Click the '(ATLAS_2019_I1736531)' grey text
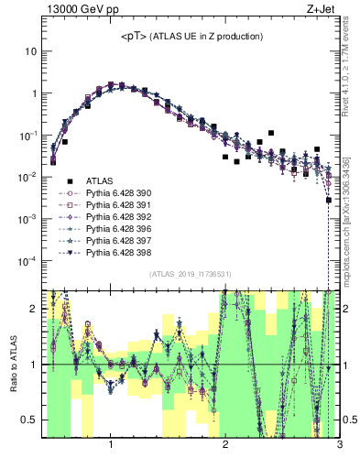pyautogui.click(x=190, y=275)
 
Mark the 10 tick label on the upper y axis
pyautogui.click(x=29, y=51)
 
